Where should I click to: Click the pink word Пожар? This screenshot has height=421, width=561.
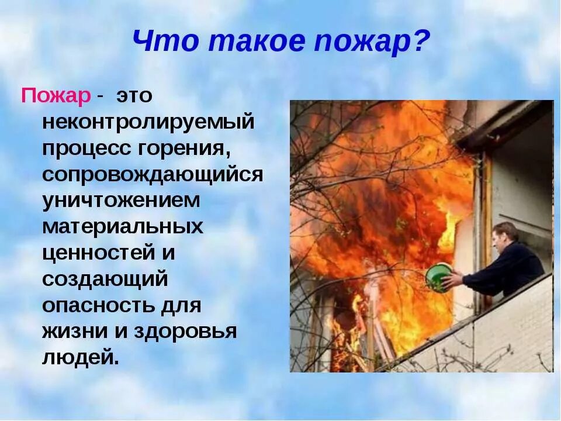pos(56,96)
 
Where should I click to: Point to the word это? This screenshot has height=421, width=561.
pos(134,96)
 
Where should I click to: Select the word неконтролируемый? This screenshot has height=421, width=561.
pos(148,122)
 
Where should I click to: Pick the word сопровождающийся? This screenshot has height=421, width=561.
pos(153,175)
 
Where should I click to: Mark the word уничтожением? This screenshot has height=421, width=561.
pos(121,201)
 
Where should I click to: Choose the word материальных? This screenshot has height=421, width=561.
pos(123,227)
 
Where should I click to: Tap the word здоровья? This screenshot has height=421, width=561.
pos(186,332)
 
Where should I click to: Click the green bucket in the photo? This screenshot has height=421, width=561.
pos(438,276)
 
